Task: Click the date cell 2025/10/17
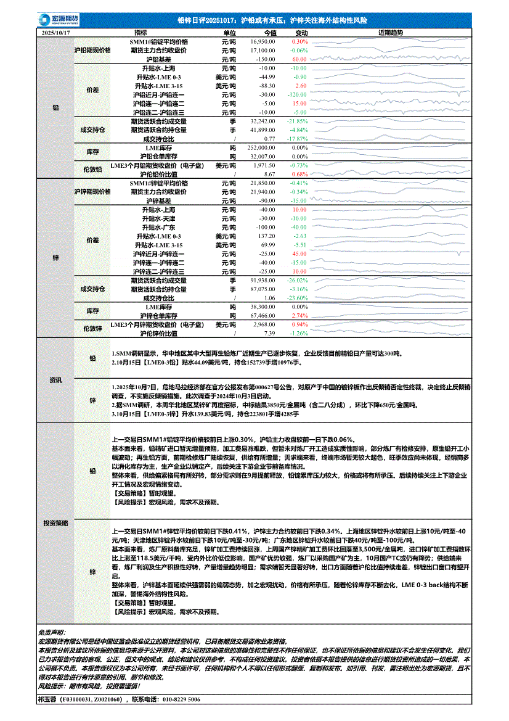click(x=55, y=32)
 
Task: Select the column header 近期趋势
click(x=390, y=32)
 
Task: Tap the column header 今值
click(x=270, y=32)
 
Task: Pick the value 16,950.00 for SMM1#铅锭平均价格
click(x=263, y=41)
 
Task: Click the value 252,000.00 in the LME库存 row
click(x=261, y=148)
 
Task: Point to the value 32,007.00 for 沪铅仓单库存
click(x=263, y=157)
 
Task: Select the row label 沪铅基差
click(x=158, y=59)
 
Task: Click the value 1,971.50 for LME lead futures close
click(x=264, y=166)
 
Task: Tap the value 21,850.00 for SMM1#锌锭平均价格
click(x=263, y=183)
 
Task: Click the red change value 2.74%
click(x=299, y=316)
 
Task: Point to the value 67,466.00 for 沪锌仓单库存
click(x=263, y=316)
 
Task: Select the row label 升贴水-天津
click(x=158, y=219)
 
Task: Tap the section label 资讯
click(x=55, y=380)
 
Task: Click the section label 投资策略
click(x=55, y=522)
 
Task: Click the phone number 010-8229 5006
click(x=172, y=700)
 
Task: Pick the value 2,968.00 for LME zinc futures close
click(x=264, y=324)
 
